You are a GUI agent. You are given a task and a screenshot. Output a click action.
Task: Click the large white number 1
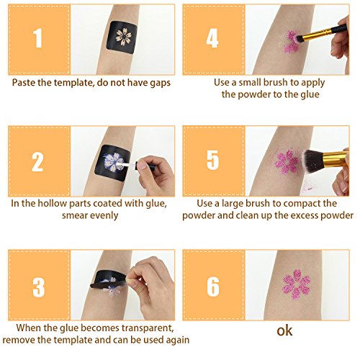click(x=38, y=38)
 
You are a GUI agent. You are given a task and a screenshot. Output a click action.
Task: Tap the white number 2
click(x=37, y=162)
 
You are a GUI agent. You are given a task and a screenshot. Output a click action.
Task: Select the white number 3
click(x=39, y=287)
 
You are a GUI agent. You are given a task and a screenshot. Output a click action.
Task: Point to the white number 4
click(x=212, y=38)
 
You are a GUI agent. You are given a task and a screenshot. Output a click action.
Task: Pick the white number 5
click(x=212, y=160)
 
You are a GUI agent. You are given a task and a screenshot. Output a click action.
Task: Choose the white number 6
click(x=213, y=287)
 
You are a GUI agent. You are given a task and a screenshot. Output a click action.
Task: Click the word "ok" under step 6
click(x=284, y=331)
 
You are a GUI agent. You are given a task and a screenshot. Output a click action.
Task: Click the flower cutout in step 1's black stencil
click(x=123, y=37)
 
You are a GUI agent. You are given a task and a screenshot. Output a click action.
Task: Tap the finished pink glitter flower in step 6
click(x=297, y=285)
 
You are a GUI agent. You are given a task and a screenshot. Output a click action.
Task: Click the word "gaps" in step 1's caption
click(x=161, y=83)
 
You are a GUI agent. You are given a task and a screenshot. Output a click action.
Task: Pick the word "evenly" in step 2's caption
click(x=103, y=215)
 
